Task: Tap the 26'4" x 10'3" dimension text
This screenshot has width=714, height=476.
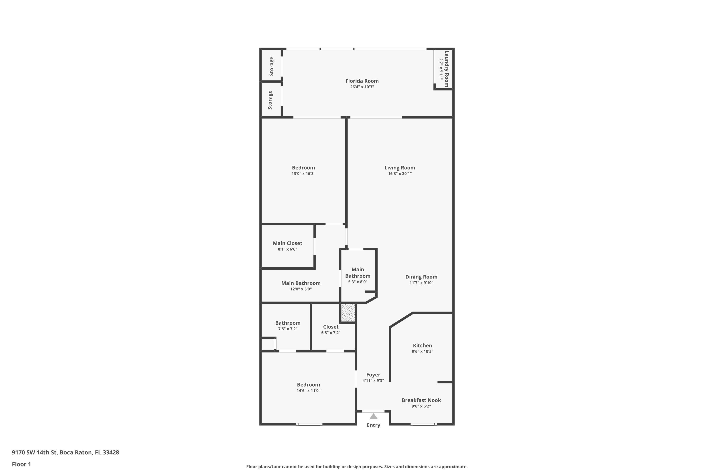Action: [x=362, y=87]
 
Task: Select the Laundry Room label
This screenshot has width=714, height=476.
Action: [x=446, y=69]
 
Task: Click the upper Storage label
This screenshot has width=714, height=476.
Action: [x=271, y=66]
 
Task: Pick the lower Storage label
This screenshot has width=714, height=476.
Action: [x=270, y=100]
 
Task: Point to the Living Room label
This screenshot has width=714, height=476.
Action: [x=400, y=168]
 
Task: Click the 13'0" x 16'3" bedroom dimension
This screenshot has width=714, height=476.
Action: [x=303, y=174]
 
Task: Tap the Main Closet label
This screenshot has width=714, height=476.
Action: [x=287, y=243]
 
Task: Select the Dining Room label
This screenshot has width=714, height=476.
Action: [x=421, y=277]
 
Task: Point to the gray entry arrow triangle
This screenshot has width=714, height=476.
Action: [x=373, y=416]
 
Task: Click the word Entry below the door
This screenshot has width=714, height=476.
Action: [x=373, y=425]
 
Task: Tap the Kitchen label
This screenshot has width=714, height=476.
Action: [x=422, y=346]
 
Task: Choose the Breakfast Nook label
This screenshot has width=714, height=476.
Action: [x=421, y=400]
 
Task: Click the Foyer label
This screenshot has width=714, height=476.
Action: [x=373, y=375]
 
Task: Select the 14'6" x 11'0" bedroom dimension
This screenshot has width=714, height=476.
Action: [x=308, y=391]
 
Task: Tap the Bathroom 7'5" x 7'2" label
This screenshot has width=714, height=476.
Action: [x=288, y=323]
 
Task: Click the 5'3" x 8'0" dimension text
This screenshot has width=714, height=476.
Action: [x=358, y=282]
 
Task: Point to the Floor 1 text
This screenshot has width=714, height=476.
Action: [x=21, y=464]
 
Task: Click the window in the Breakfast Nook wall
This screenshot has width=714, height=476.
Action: [x=423, y=424]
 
